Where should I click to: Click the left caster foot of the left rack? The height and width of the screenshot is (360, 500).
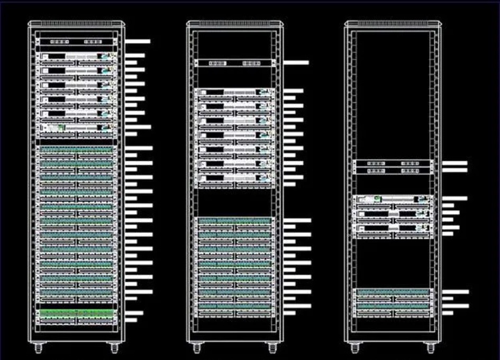point(39,349)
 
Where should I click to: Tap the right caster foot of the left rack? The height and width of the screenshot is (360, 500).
point(114,349)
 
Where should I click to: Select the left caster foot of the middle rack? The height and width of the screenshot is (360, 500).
point(197,349)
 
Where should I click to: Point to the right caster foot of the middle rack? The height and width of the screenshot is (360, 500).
point(272,349)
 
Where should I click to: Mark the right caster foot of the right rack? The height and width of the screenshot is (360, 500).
point(430,349)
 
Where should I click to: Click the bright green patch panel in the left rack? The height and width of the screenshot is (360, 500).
point(77,313)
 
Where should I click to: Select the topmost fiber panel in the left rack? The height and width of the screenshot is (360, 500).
point(77,41)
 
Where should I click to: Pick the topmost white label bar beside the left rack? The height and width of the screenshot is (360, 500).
point(138,41)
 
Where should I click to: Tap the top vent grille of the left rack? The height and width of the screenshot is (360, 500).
point(77,24)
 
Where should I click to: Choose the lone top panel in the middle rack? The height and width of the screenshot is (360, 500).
point(235,63)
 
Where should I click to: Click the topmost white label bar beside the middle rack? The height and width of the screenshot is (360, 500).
point(296,62)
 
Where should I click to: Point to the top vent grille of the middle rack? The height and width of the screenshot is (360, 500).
point(235,24)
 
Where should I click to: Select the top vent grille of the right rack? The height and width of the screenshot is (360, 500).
point(393,24)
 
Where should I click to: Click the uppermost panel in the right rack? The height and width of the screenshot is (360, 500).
point(393,164)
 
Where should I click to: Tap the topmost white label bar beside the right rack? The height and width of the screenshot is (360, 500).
point(454,164)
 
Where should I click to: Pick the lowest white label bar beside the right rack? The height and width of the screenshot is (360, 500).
point(448,313)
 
